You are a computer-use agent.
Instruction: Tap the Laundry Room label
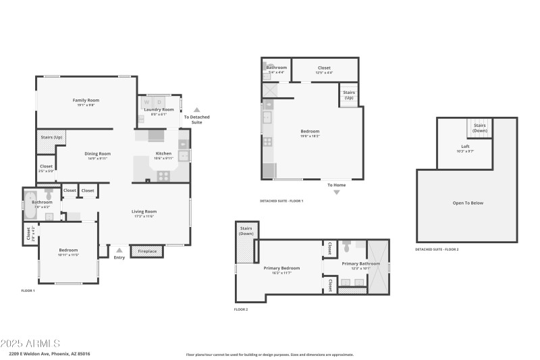[159, 109]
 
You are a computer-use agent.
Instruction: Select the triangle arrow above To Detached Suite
[197, 109]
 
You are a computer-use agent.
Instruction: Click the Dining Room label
[97, 153]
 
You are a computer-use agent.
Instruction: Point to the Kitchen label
[164, 153]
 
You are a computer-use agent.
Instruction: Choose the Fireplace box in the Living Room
[147, 251]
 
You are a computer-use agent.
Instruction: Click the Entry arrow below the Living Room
[119, 250]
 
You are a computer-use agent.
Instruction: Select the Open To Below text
[468, 203]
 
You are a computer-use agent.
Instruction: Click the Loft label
[465, 147]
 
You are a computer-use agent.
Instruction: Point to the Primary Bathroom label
[360, 263]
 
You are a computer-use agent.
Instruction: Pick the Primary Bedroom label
[281, 268]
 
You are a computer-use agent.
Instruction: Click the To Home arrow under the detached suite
[337, 192]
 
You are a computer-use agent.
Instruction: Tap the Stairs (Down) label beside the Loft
[479, 127]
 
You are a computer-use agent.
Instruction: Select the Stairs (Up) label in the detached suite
[349, 95]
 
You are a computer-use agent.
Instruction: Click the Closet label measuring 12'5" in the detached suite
[324, 68]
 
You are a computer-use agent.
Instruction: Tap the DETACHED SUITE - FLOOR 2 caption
[437, 249]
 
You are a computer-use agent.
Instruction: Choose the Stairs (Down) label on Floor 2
[246, 230]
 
